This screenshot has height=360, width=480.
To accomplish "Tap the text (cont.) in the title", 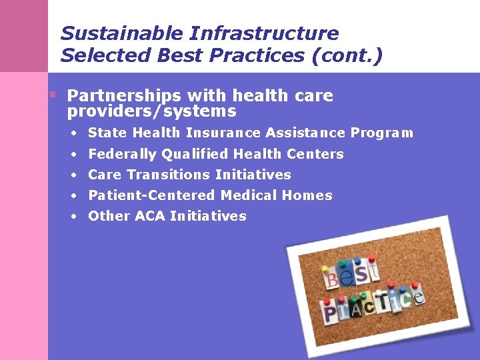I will [347, 55].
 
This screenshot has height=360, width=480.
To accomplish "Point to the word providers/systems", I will [151, 111].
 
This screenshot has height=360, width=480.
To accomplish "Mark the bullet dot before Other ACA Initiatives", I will [76, 216].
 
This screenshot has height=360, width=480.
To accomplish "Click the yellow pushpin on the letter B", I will [325, 269].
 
